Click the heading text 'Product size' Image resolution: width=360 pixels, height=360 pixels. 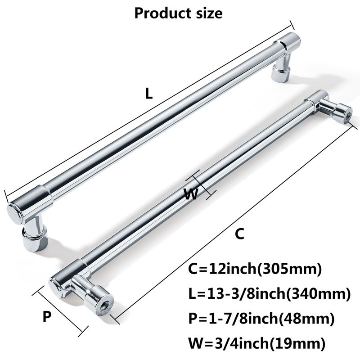point(178,13)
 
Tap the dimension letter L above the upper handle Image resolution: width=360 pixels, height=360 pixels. point(149,94)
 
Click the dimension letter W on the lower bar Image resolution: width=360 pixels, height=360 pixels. point(190,194)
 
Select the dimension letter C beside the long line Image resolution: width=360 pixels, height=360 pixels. point(239,234)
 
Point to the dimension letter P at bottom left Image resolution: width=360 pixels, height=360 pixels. point(47,317)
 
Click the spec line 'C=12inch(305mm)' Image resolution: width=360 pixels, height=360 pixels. point(255,269)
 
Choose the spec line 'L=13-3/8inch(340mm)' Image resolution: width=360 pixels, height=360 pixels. point(269,294)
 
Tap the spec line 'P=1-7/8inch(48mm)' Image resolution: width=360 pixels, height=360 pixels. point(261,319)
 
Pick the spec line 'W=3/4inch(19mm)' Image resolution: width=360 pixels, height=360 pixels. point(256,343)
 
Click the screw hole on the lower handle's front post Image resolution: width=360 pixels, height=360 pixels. point(105,306)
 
